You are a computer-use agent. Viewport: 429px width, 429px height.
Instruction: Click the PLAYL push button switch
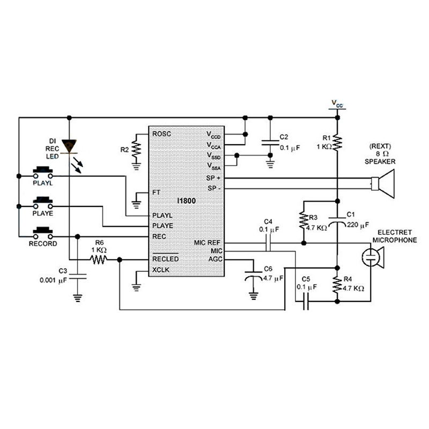[x=42, y=172]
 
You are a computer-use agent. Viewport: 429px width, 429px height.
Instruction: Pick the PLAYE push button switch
[x=42, y=202]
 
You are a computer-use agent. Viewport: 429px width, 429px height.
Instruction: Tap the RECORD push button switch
[x=42, y=233]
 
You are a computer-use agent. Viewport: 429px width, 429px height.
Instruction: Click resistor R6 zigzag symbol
[x=99, y=260]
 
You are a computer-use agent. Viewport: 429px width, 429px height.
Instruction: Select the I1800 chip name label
[x=187, y=200]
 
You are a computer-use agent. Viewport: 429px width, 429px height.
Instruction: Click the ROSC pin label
[x=161, y=134]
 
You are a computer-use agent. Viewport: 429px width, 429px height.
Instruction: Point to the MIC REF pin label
[x=207, y=242]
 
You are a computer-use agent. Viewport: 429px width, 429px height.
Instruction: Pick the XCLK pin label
[x=161, y=270]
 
